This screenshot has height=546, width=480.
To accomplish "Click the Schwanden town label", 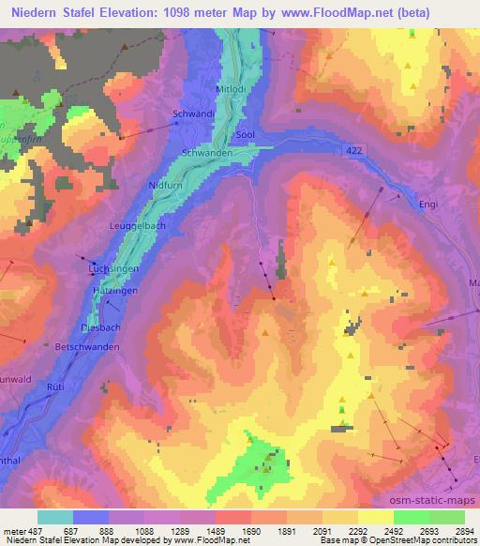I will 206,152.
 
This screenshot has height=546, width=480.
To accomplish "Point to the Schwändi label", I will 194,114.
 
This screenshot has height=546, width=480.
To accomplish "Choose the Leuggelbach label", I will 139,225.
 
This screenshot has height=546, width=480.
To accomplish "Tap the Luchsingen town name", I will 112,268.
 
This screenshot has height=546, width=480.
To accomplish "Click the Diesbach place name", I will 100,328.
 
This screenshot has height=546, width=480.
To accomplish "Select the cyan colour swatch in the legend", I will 55,517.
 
